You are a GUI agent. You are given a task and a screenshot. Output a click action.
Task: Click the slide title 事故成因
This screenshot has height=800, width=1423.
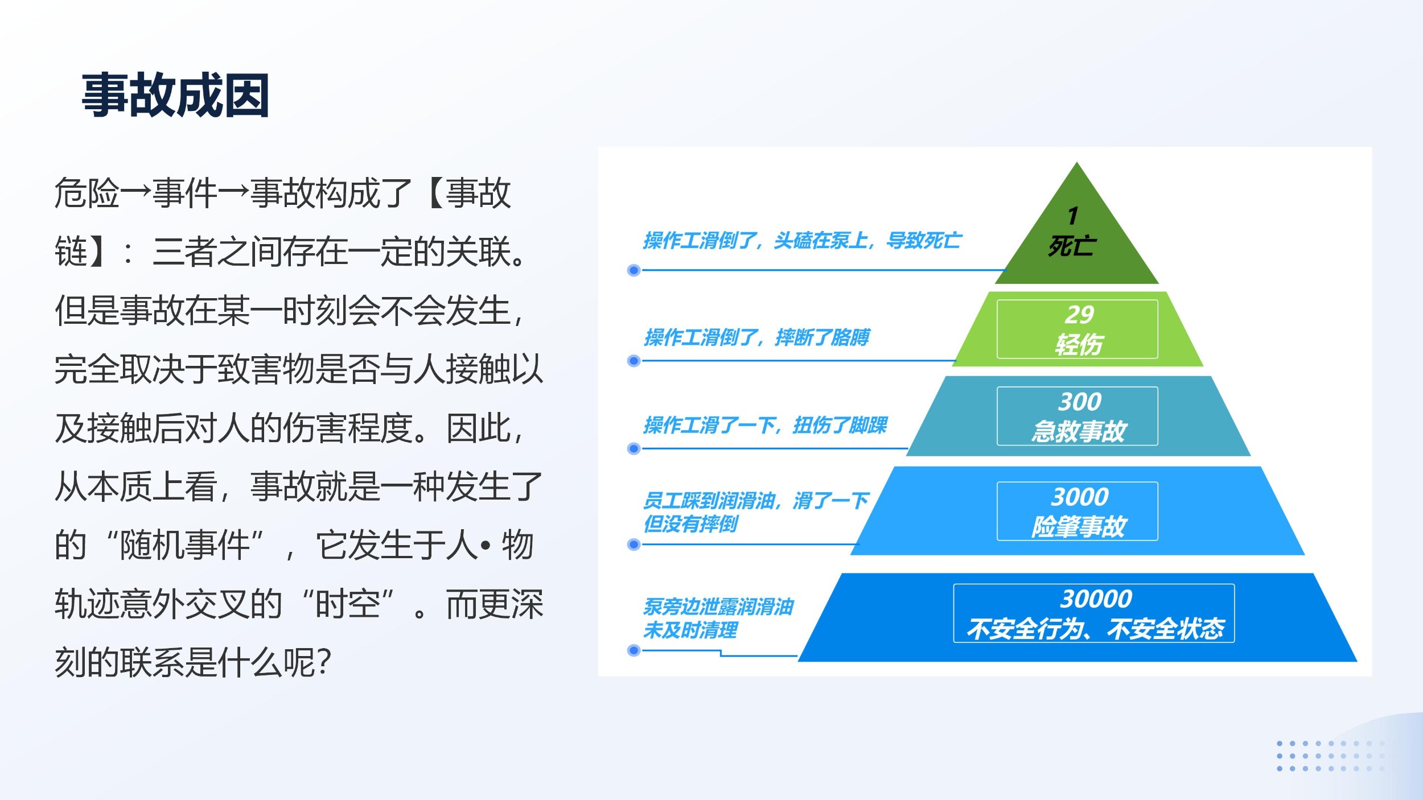(x=175, y=96)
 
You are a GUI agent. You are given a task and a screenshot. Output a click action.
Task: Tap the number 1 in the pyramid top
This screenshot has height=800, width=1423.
(x=1073, y=216)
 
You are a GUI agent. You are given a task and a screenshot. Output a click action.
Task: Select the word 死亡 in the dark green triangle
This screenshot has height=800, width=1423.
(x=1072, y=246)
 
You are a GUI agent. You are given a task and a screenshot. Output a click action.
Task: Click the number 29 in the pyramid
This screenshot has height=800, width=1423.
(x=1079, y=314)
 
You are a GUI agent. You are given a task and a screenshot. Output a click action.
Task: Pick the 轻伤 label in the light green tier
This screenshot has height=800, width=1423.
(x=1079, y=344)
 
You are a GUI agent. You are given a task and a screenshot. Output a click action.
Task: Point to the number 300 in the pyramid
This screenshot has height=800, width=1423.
(x=1080, y=402)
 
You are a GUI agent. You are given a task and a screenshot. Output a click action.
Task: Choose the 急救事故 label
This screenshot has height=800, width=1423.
(x=1079, y=431)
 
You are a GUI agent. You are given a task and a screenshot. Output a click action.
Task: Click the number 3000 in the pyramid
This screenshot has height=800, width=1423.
(x=1080, y=497)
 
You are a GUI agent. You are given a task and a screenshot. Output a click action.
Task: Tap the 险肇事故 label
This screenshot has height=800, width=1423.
(x=1079, y=526)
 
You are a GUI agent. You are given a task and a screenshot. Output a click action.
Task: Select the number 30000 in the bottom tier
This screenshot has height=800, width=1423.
(x=1096, y=599)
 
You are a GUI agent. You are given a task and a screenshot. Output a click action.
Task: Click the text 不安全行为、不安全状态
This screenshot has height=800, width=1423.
(x=1095, y=629)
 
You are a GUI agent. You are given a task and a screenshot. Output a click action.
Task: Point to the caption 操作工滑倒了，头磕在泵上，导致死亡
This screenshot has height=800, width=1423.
(x=803, y=241)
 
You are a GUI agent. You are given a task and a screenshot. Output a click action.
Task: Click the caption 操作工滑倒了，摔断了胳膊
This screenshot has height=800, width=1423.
(x=757, y=337)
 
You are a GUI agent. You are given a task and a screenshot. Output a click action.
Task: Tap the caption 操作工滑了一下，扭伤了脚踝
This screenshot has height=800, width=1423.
(x=766, y=425)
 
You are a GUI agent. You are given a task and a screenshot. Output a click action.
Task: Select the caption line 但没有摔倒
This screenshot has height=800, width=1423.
(x=690, y=523)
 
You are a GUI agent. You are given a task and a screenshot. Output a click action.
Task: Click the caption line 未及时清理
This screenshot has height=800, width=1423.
(x=690, y=630)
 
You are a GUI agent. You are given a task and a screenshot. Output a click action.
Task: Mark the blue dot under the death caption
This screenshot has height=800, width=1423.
(x=634, y=270)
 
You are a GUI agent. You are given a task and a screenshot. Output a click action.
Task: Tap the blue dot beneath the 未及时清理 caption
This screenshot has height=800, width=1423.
(x=634, y=650)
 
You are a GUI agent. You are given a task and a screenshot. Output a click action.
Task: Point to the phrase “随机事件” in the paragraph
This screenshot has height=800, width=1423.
(x=185, y=545)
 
